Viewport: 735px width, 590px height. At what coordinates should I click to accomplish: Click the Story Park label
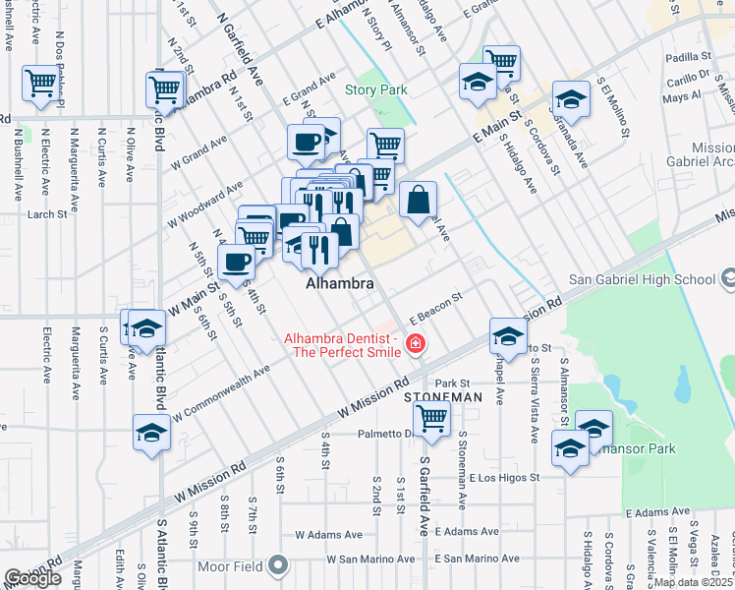coord(375,89)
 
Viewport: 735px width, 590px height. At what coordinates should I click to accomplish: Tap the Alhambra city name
coord(340,283)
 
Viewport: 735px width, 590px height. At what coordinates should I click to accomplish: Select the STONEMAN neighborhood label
coord(443,397)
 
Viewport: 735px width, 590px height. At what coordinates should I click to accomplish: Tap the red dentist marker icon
coord(417,343)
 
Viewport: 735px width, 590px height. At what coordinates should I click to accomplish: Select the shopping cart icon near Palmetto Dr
coord(432,418)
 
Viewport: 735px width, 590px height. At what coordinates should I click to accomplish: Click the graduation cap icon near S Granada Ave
coord(570,99)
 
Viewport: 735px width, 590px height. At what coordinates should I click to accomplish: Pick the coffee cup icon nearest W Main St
coord(236,262)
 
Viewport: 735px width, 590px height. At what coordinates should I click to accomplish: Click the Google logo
coord(32,578)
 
